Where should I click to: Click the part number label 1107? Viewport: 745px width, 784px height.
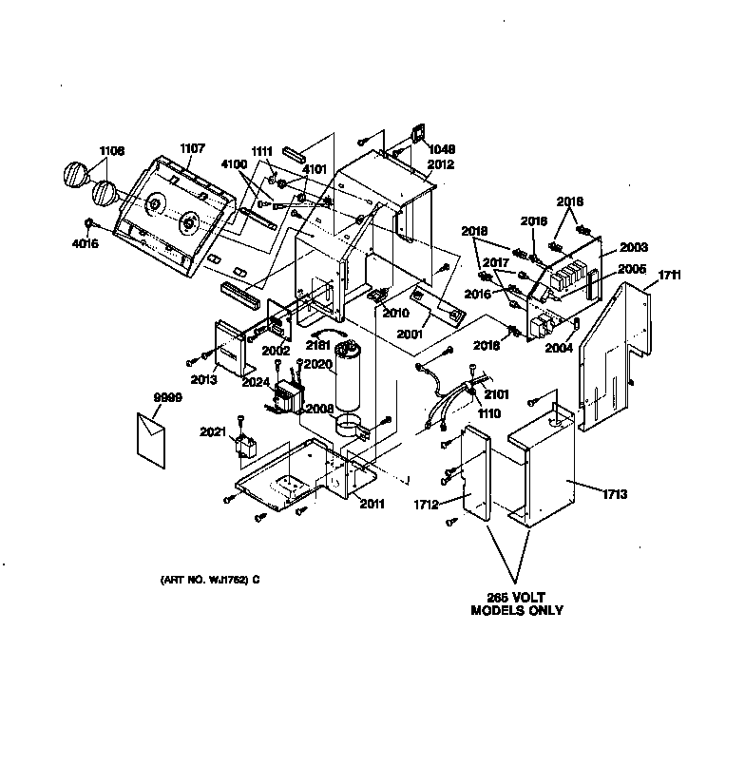click(192, 148)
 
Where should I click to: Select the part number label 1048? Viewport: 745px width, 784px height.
click(441, 149)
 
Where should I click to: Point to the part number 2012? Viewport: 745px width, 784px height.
click(440, 164)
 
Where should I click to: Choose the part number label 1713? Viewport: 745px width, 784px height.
click(615, 494)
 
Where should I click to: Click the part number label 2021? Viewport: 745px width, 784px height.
click(214, 432)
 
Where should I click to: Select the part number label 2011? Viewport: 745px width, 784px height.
click(372, 503)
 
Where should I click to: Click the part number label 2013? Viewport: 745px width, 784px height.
click(202, 379)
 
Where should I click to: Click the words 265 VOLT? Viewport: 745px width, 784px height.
click(517, 597)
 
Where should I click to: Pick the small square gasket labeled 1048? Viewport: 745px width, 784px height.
click(415, 136)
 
